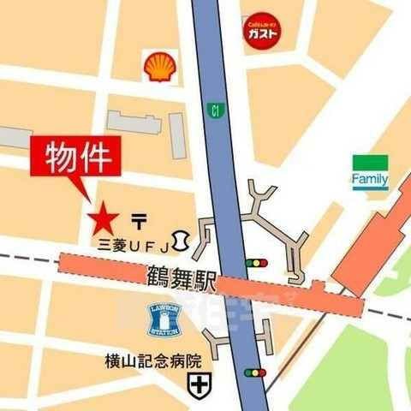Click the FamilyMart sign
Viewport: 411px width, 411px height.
click(x=370, y=172)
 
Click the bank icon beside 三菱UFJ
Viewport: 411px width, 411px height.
click(x=182, y=240)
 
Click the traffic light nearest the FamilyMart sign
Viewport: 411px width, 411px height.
click(x=256, y=262)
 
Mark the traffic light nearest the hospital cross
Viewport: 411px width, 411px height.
click(x=256, y=372)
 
